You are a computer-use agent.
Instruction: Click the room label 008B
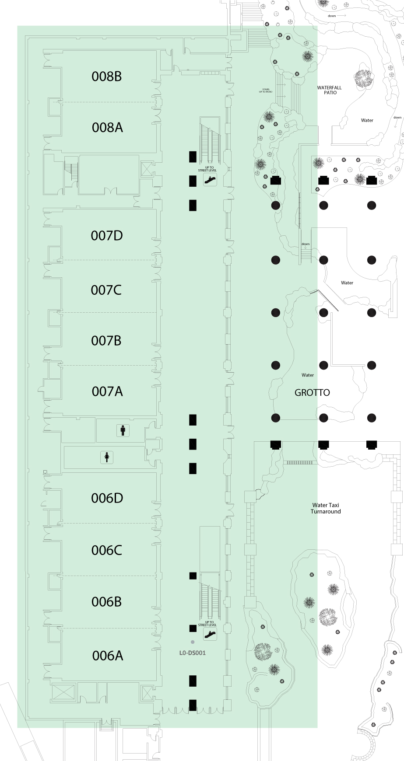point(106,77)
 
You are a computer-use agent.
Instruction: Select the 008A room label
point(107,127)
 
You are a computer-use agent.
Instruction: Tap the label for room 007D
point(107,236)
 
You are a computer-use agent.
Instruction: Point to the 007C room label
point(106,290)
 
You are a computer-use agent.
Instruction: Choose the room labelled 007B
point(106,341)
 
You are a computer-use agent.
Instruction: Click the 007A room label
point(107,391)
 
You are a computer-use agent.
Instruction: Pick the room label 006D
point(107,498)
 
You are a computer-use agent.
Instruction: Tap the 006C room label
point(107,550)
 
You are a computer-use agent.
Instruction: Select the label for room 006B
point(106,602)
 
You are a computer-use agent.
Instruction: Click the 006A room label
point(108,656)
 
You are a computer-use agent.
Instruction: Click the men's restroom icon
point(123,430)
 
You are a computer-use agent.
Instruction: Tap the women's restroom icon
point(107,457)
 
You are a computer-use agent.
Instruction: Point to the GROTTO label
point(312,393)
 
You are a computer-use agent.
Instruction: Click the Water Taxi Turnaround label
point(326,508)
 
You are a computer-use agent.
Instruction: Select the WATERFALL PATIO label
point(330,90)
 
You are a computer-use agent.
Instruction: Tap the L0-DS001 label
point(192,653)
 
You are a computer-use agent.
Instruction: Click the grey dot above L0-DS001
point(192,642)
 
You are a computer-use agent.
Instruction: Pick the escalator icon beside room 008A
point(210,179)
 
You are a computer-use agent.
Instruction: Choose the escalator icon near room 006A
point(210,634)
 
